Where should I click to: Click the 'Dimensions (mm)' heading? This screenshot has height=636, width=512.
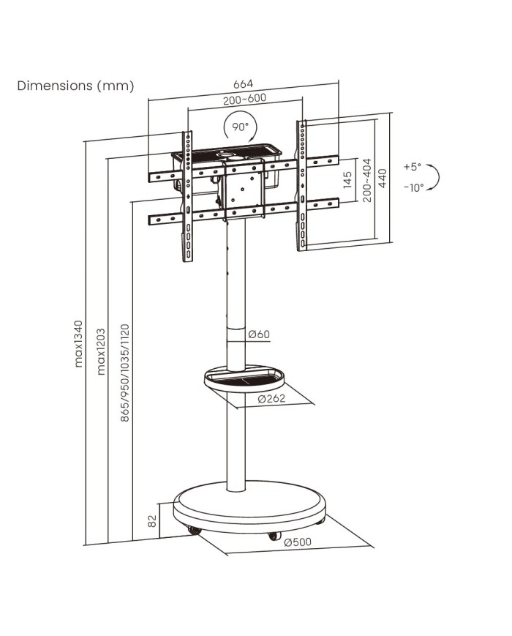(76, 86)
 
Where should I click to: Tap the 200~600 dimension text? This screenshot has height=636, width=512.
(244, 99)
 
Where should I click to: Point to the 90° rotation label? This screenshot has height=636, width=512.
(241, 126)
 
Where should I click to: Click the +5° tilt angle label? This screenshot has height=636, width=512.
(413, 166)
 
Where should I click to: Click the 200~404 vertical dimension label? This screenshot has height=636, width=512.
(367, 179)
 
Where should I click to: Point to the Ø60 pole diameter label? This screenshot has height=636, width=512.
(259, 334)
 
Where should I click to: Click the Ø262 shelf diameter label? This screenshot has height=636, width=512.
(271, 400)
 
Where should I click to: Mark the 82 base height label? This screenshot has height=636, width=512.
(153, 521)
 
